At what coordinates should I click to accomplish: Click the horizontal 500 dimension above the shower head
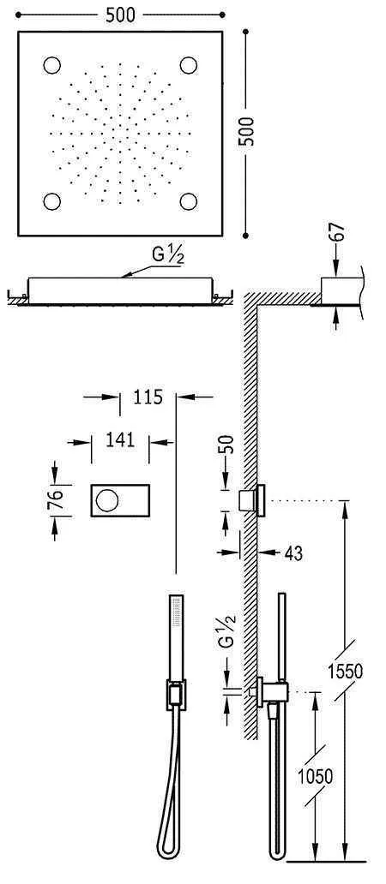pyautogui.click(x=119, y=15)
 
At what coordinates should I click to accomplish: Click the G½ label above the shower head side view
pyautogui.click(x=166, y=257)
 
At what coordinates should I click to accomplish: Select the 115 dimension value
pyautogui.click(x=148, y=397)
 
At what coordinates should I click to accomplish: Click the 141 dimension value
pyautogui.click(x=121, y=440)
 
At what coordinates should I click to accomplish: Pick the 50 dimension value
pyautogui.click(x=226, y=445)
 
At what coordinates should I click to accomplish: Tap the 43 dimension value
pyautogui.click(x=293, y=554)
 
